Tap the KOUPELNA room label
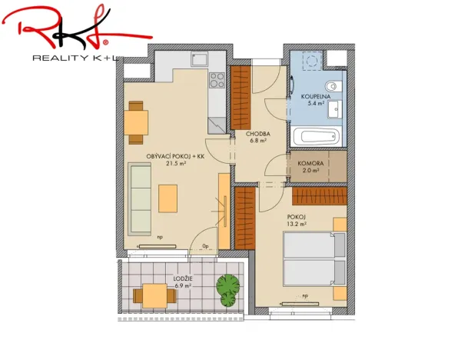[x=315, y=96]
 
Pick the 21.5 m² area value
[x=176, y=163]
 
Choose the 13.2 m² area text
[x=297, y=225]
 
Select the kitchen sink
[x=199, y=59]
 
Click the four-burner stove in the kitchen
[x=217, y=79]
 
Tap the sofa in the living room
[x=140, y=198]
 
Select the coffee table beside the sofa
[x=167, y=200]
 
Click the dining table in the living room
[x=137, y=122]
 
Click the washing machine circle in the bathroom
[x=311, y=62]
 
